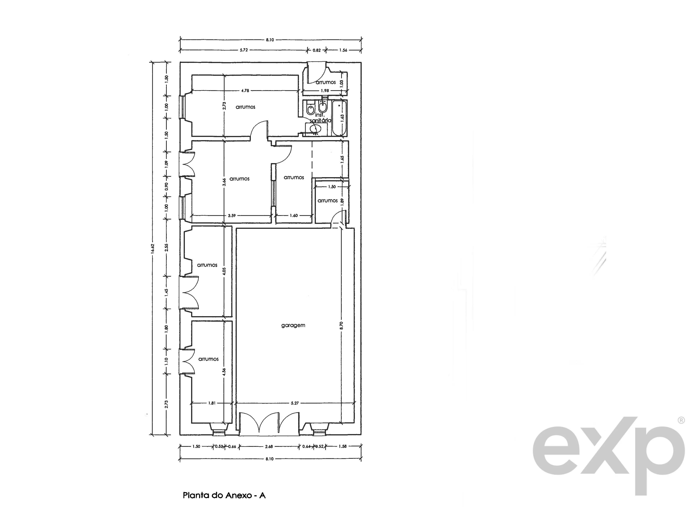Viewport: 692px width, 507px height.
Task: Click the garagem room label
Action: click(293, 325)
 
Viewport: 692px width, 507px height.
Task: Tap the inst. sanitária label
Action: click(320, 118)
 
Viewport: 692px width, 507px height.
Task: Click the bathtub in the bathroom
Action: click(340, 118)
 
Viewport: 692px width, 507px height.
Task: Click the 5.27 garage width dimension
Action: click(295, 403)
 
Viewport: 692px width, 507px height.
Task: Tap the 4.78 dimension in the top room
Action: click(245, 91)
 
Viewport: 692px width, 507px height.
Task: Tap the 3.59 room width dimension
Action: click(232, 216)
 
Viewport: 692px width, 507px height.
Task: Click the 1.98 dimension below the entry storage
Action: click(325, 91)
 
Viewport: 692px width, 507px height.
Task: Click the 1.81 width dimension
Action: click(212, 403)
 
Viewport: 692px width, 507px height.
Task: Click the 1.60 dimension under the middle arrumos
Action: click(294, 216)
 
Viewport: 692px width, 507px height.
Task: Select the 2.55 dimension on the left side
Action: click(166, 247)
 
